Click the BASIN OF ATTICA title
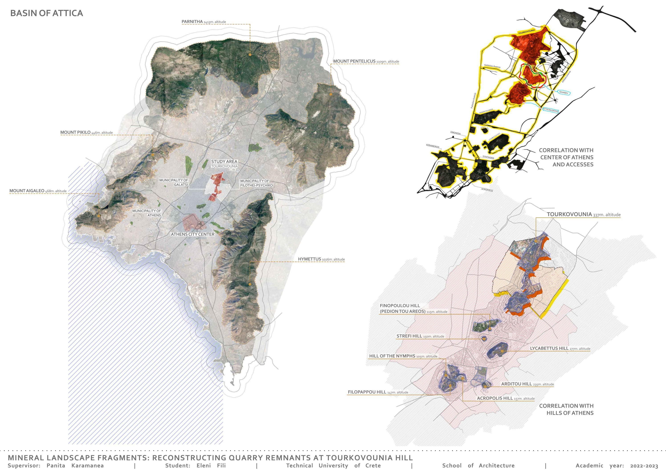tap(46, 13)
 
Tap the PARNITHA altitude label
tap(204, 22)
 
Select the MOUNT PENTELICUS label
tap(366, 61)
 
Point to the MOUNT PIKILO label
tap(87, 133)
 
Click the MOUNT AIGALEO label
tap(38, 191)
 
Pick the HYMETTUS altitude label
tap(321, 259)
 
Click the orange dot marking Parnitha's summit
tap(250, 54)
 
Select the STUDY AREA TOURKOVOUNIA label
tap(224, 164)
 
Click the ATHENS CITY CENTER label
tap(193, 234)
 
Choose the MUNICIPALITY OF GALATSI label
tap(174, 182)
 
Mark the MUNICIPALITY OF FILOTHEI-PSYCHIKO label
tap(256, 183)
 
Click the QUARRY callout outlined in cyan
tap(564, 93)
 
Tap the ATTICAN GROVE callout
tap(550, 110)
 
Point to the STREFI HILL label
tap(420, 336)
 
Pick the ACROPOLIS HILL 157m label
tap(506, 399)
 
